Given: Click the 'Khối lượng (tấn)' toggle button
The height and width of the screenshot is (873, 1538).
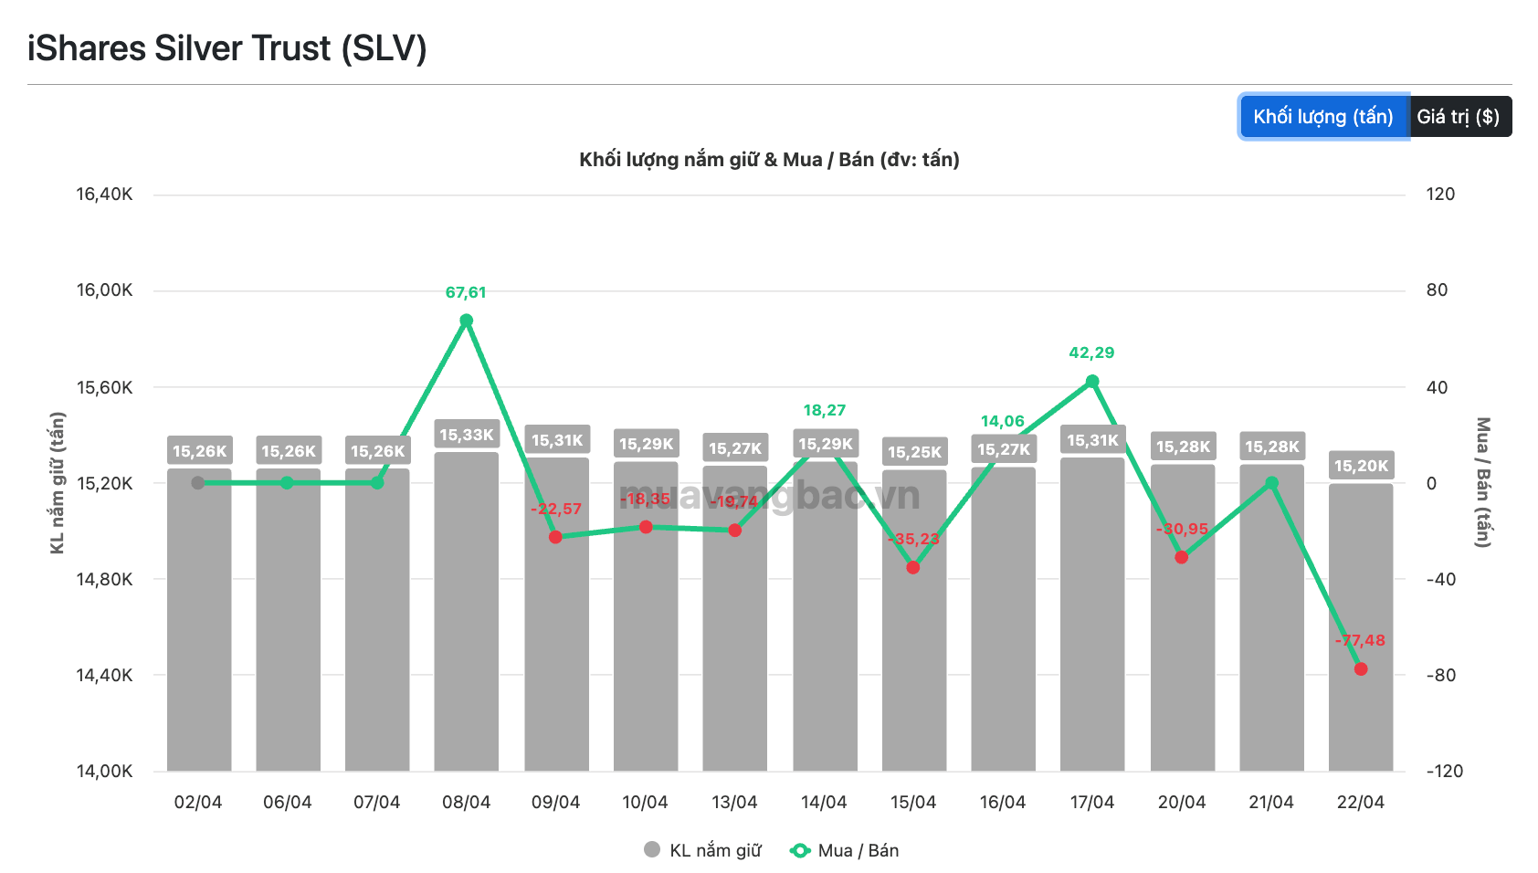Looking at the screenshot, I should pyautogui.click(x=1323, y=117).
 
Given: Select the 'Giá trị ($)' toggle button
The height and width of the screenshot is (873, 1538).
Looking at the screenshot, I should pyautogui.click(x=1459, y=117).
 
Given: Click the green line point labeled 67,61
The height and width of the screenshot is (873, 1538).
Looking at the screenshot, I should pyautogui.click(x=467, y=321).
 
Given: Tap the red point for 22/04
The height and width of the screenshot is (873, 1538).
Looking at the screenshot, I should pyautogui.click(x=1361, y=669).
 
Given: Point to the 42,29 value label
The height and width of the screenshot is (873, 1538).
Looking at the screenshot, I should pyautogui.click(x=1091, y=352).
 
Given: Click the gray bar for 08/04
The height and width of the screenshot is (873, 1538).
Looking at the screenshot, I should pyautogui.click(x=467, y=612).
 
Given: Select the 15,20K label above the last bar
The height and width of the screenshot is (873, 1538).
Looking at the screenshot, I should pyautogui.click(x=1361, y=466).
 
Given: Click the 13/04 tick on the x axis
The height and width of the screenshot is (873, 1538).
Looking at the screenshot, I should pyautogui.click(x=734, y=802).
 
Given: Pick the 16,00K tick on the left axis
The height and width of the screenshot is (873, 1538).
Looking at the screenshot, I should pyautogui.click(x=104, y=290).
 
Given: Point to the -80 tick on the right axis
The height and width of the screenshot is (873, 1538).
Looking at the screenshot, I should pyautogui.click(x=1441, y=675).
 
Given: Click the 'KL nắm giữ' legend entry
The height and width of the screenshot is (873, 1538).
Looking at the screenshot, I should pyautogui.click(x=703, y=850).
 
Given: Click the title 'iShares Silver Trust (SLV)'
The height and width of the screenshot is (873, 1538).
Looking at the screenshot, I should pyautogui.click(x=227, y=48).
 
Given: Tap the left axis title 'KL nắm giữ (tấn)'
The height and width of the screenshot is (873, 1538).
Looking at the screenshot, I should pyautogui.click(x=58, y=483).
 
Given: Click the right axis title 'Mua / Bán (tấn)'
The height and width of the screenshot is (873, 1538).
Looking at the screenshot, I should pyautogui.click(x=1483, y=482).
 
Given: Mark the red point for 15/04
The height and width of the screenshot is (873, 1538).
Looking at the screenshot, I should pyautogui.click(x=913, y=568).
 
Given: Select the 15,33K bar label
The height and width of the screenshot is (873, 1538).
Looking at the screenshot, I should pyautogui.click(x=467, y=435).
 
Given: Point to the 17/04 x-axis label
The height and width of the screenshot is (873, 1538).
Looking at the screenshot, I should pyautogui.click(x=1092, y=802).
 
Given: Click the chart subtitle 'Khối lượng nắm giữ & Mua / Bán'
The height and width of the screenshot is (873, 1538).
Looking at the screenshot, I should pyautogui.click(x=769, y=160).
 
